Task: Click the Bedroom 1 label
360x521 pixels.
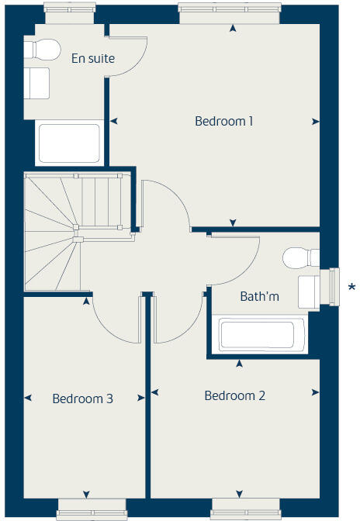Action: (x=224, y=121)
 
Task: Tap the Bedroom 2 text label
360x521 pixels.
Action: (x=234, y=395)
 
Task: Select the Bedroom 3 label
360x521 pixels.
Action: (x=83, y=399)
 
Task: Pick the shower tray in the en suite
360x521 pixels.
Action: (x=69, y=143)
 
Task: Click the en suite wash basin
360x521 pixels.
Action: (x=37, y=83)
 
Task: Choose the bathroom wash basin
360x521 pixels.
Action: (x=308, y=290)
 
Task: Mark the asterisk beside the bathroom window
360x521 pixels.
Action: (x=351, y=287)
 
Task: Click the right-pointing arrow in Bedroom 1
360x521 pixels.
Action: (x=315, y=122)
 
